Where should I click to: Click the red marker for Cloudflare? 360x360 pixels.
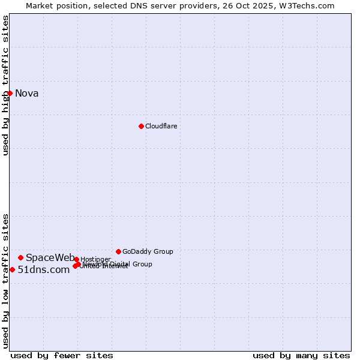(x=141, y=126)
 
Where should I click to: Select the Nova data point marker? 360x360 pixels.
(x=10, y=93)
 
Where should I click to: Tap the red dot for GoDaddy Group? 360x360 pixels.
(x=118, y=251)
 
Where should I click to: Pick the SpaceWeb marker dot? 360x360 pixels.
(x=20, y=257)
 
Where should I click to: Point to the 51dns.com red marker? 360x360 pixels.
(x=12, y=269)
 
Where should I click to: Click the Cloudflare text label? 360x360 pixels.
(x=161, y=126)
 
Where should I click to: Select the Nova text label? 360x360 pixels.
(x=26, y=93)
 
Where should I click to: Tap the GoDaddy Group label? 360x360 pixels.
(x=148, y=251)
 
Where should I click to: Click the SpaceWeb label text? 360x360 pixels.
(x=50, y=257)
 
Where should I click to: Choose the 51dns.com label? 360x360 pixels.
(x=44, y=269)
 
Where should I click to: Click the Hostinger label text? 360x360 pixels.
(x=95, y=259)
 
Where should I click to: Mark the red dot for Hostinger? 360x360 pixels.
(x=76, y=259)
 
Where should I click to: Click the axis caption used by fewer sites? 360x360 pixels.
(x=62, y=355)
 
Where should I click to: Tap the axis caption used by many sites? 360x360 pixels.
(x=301, y=355)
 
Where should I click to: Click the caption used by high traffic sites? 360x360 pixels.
(x=5, y=85)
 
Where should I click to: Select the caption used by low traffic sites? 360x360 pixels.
(x=5, y=280)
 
